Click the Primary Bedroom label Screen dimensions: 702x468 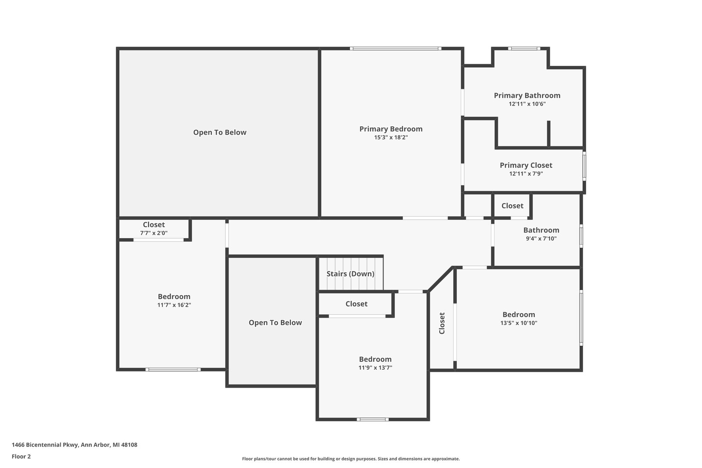[391, 129]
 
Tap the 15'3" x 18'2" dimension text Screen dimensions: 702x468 [391, 137]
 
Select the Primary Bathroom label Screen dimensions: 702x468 [527, 96]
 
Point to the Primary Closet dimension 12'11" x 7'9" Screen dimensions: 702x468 [526, 174]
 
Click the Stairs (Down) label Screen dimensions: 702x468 [351, 274]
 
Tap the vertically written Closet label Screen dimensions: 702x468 [442, 323]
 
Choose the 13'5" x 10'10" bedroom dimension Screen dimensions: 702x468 [519, 323]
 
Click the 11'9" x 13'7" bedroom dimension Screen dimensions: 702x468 [375, 368]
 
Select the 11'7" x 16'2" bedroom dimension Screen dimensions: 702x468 [174, 305]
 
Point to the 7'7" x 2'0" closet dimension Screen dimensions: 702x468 [154, 233]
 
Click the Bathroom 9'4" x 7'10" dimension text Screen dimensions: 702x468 [541, 238]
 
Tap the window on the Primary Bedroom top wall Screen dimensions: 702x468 [395, 49]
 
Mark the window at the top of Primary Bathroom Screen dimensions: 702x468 [524, 49]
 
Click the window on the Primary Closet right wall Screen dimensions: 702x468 [584, 166]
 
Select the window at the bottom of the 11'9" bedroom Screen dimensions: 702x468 [372, 419]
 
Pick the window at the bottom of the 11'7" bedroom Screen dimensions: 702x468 [173, 370]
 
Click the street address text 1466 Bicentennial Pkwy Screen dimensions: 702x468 [45, 445]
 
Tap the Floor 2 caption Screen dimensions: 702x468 [21, 457]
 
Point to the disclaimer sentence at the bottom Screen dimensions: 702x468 [351, 459]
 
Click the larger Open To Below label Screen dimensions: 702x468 [220, 132]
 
